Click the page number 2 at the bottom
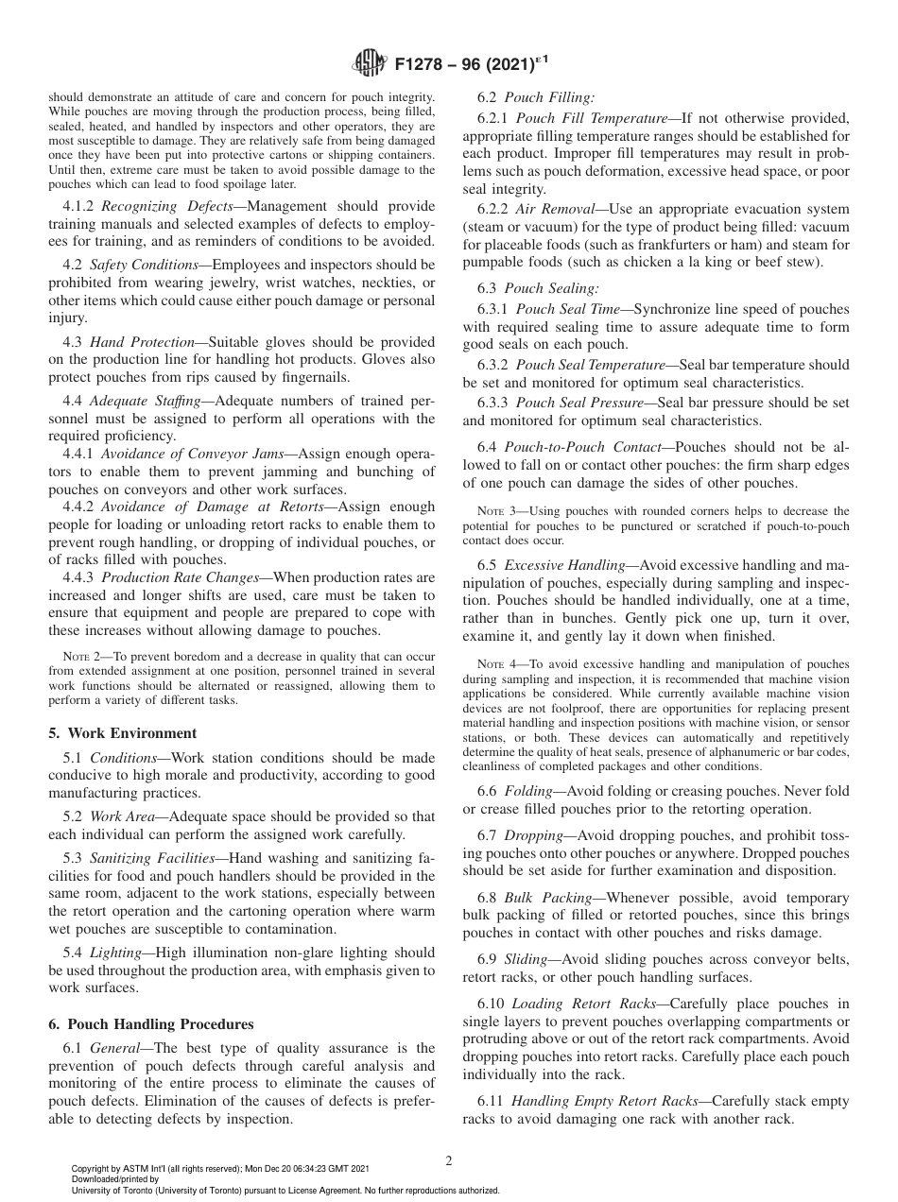(x=449, y=1161)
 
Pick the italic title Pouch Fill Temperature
(x=592, y=118)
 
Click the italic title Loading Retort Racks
(x=586, y=1003)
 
